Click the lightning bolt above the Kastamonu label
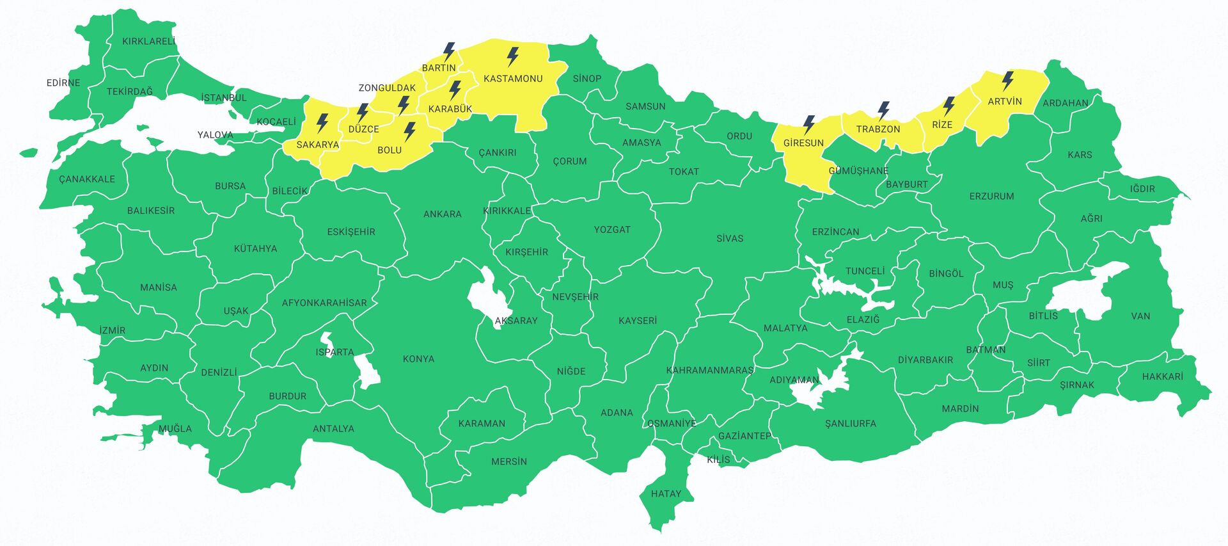tap(512, 57)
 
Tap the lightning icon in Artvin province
tap(1007, 81)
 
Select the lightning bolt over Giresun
tap(808, 124)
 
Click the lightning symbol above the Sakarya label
tap(322, 123)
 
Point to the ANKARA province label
tap(442, 214)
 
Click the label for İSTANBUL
tap(223, 98)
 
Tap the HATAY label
tap(666, 494)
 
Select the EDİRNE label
tap(63, 83)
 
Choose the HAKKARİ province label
tap(1162, 376)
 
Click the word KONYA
tap(418, 358)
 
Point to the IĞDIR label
tap(1142, 189)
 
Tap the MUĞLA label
tap(175, 428)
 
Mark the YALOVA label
tap(215, 134)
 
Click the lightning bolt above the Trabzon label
tap(883, 111)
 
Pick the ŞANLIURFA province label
tap(850, 423)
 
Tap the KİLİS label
tap(718, 459)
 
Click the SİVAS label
tap(729, 238)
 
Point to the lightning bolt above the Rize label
tap(949, 106)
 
